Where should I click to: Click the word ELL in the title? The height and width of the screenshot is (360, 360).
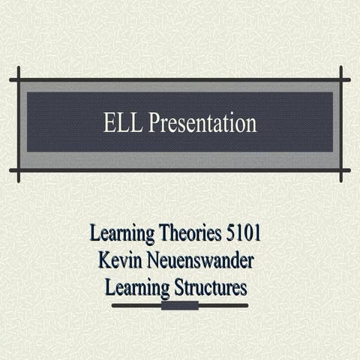pos(123,123)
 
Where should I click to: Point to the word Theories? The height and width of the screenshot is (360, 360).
pos(187,233)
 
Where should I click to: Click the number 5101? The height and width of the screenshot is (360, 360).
pos(243,233)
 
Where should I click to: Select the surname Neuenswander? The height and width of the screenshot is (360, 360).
pos(203,260)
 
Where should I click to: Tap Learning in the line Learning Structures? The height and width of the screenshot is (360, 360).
pos(139,286)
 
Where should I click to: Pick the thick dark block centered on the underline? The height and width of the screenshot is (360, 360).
pos(180,305)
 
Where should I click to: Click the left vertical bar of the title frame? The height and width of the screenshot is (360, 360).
pos(18,124)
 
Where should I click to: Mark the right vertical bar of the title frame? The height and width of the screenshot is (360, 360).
pos(341,124)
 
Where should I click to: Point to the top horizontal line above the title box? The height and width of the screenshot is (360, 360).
pos(180,79)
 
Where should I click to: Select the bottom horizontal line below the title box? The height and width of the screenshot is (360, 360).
pos(180,170)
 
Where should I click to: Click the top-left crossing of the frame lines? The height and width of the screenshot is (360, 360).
pos(18,79)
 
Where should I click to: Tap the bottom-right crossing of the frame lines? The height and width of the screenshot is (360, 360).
pos(341,170)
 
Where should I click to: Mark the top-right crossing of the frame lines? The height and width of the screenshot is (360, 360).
pos(341,79)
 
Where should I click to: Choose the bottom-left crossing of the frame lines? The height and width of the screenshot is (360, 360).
pos(18,170)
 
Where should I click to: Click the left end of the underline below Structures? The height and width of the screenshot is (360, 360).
pos(113,305)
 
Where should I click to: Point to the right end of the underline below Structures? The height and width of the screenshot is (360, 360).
pos(247,305)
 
